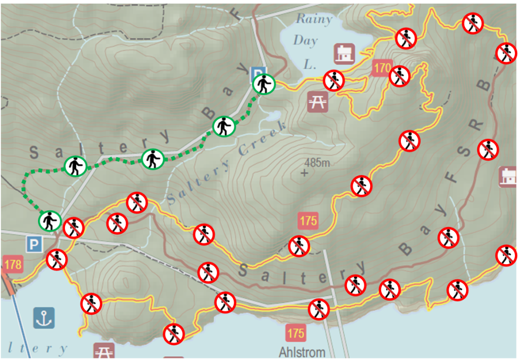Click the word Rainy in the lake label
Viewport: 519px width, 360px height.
coord(314,20)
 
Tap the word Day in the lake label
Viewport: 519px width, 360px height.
coord(306,41)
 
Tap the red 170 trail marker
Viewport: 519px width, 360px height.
coord(383,67)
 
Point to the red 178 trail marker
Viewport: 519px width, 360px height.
coord(13,264)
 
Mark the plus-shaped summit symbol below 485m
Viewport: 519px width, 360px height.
coord(304,173)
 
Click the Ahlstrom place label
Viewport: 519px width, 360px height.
coord(302,351)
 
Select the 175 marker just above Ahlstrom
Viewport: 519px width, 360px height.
coord(295,333)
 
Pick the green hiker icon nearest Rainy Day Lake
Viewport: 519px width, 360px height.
coord(264,84)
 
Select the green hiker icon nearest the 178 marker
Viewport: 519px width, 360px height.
coord(50,221)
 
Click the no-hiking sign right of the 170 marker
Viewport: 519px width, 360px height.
coord(399,76)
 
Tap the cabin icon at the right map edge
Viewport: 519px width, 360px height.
coord(508,176)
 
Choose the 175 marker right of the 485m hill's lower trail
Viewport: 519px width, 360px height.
coord(308,222)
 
